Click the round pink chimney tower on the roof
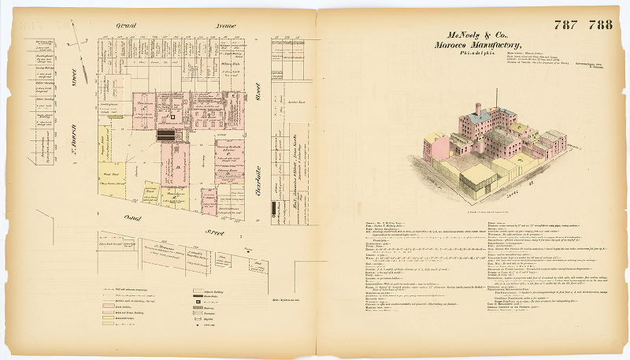coord(478,110)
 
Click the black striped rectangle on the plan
coord(167,135)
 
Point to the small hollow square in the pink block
coord(175,117)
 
